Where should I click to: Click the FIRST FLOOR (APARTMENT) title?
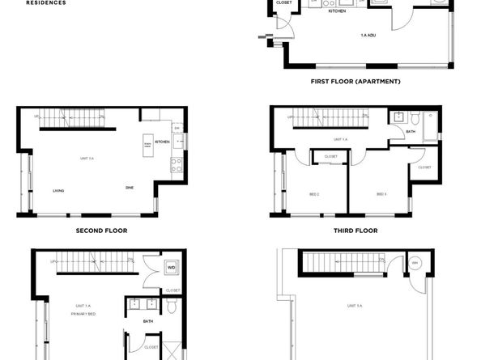(x=356, y=82)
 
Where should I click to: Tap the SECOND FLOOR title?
(x=101, y=230)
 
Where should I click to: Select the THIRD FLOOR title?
(x=355, y=230)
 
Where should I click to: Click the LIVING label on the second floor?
(x=58, y=191)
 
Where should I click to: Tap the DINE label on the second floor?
(x=129, y=188)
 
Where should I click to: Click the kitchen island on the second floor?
(x=148, y=145)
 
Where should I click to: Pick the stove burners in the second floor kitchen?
(x=174, y=166)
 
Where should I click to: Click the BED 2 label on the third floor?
(x=313, y=194)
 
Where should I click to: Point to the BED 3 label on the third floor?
(x=381, y=194)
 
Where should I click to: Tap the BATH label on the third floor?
(x=411, y=131)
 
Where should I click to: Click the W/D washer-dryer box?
(x=172, y=267)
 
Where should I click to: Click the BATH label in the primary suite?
(x=148, y=321)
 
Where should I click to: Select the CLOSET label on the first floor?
(x=283, y=2)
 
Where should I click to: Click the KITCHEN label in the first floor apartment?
(x=337, y=11)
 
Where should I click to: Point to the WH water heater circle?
(x=415, y=263)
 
